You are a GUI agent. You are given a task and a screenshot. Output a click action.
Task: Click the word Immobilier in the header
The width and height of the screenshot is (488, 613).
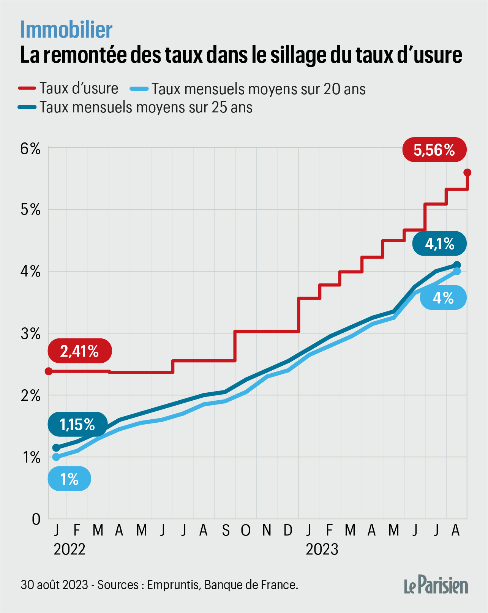pyautogui.click(x=66, y=30)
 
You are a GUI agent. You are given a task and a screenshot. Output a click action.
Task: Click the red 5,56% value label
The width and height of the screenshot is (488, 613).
pyautogui.click(x=434, y=150)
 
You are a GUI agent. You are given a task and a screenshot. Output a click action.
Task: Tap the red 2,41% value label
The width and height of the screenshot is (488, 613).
pyautogui.click(x=80, y=351)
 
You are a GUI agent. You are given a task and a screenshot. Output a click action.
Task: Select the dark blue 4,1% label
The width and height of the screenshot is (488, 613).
pyautogui.click(x=439, y=243)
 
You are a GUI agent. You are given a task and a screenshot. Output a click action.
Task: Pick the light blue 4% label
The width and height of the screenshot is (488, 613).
pyautogui.click(x=443, y=298)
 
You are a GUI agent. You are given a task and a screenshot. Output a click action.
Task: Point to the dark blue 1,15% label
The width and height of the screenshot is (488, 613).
pyautogui.click(x=77, y=424)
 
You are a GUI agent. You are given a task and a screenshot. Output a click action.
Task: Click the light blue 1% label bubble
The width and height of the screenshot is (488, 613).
pyautogui.click(x=69, y=479)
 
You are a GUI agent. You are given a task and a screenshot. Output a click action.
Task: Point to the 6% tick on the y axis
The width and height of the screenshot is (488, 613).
pyautogui.click(x=30, y=148)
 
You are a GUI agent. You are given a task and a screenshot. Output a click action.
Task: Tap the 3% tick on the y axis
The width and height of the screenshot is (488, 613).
pyautogui.click(x=30, y=334)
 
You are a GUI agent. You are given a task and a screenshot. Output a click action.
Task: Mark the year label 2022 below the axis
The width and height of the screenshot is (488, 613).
pyautogui.click(x=69, y=549)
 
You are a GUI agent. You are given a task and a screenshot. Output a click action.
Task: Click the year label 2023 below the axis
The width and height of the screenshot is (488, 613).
pyautogui.click(x=322, y=549)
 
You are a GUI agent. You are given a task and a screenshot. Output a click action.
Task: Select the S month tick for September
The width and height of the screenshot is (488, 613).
pyautogui.click(x=226, y=530)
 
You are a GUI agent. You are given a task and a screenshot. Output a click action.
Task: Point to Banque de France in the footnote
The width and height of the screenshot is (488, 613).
pyautogui.click(x=251, y=585)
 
